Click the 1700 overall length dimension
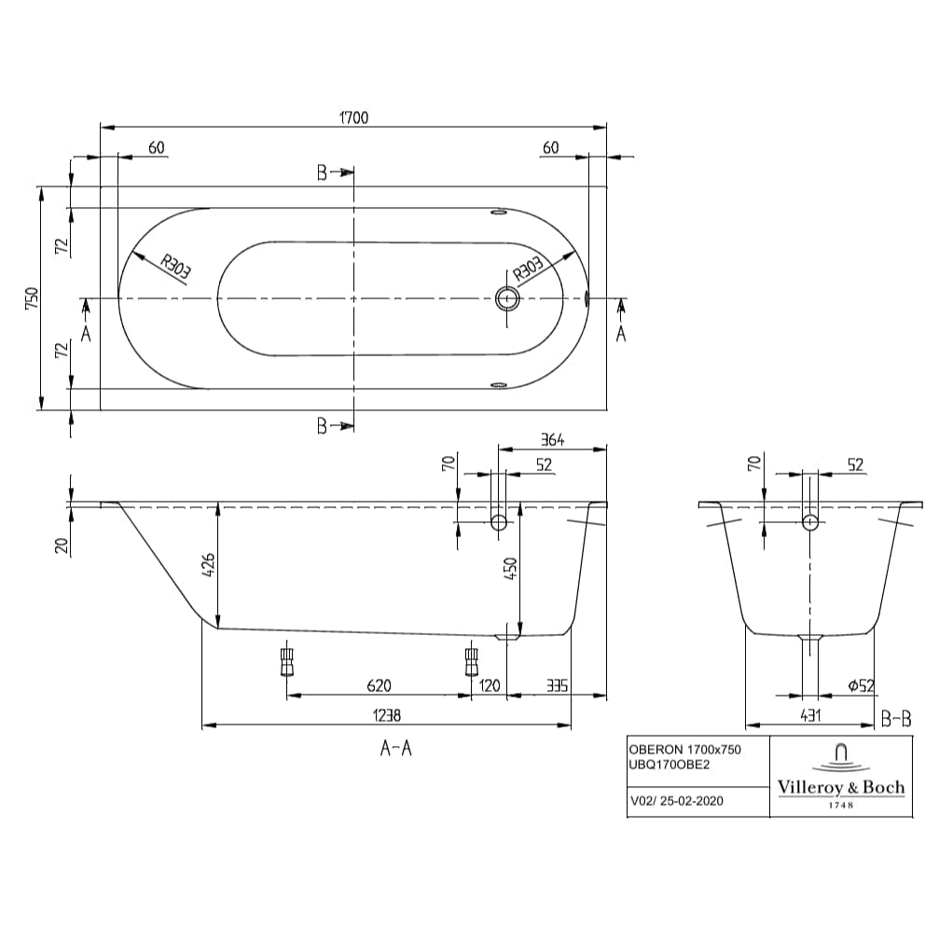(353, 117)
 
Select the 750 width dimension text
(31, 297)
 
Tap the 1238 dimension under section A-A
(386, 715)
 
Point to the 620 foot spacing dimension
(378, 685)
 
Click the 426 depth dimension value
(209, 566)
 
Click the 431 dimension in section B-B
(810, 715)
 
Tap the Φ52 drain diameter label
(861, 685)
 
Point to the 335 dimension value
(556, 685)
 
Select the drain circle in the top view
(508, 298)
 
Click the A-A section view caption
(395, 747)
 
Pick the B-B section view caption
(895, 718)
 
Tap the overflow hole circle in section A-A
(499, 523)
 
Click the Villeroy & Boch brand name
(840, 787)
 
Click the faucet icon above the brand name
(840, 753)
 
